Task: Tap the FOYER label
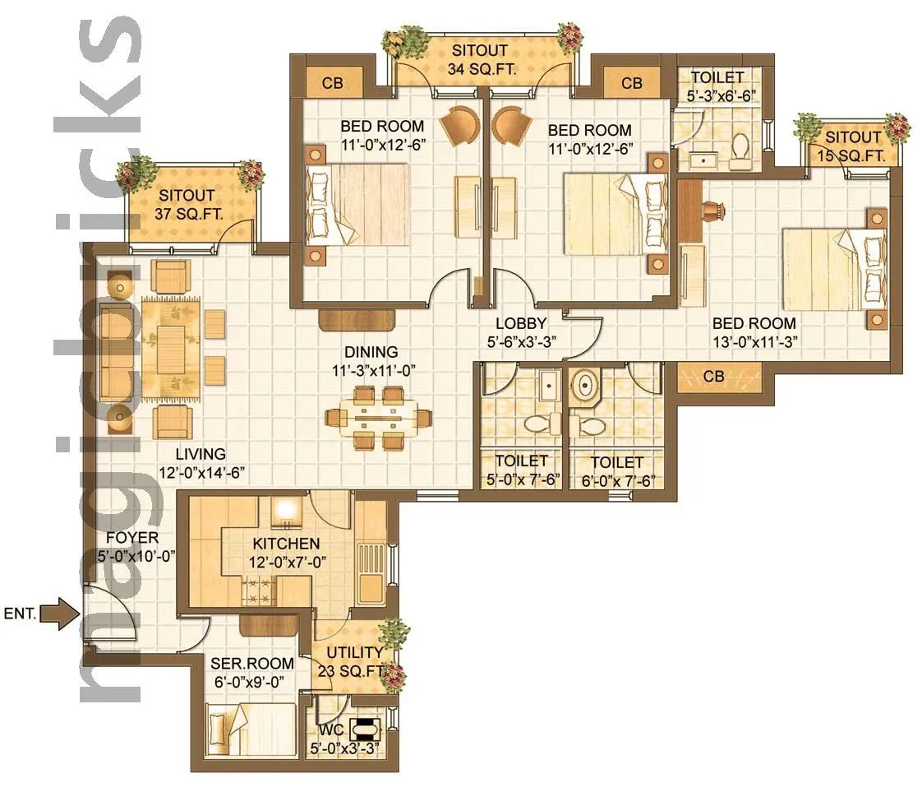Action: (127, 548)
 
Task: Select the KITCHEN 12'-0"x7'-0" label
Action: (285, 553)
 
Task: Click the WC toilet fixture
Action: (364, 729)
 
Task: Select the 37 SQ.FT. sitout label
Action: (187, 205)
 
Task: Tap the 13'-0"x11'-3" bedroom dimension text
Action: (754, 341)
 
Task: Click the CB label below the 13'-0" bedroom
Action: (714, 377)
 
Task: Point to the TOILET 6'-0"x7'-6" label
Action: (616, 472)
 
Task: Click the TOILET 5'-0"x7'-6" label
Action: (521, 471)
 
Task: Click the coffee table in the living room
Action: (171, 349)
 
